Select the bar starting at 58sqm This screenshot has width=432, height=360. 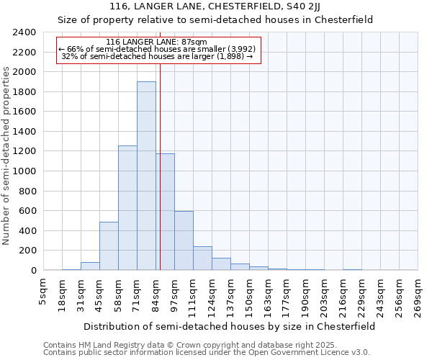tap(127, 209)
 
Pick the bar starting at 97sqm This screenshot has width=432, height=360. tap(184, 241)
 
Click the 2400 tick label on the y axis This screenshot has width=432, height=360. tap(24, 33)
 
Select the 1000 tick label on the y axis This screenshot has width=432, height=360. tap(24, 171)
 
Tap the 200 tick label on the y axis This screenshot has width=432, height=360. tap(27, 251)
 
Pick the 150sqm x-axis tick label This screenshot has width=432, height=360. tap(249, 292)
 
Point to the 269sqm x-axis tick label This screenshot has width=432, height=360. tap(418, 292)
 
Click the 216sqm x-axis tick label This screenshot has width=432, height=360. tap(343, 292)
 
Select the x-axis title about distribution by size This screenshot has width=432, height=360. tap(229, 326)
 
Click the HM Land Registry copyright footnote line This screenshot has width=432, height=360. tap(206, 346)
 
